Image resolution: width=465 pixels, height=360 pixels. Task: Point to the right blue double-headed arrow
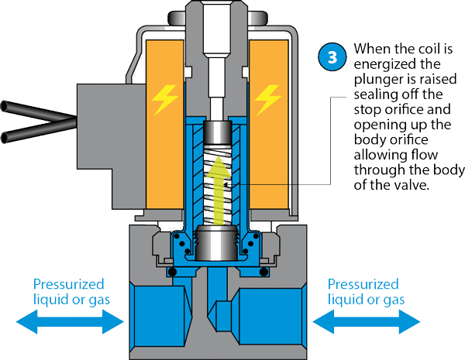364,317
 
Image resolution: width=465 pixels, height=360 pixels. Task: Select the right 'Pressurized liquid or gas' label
363,291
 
